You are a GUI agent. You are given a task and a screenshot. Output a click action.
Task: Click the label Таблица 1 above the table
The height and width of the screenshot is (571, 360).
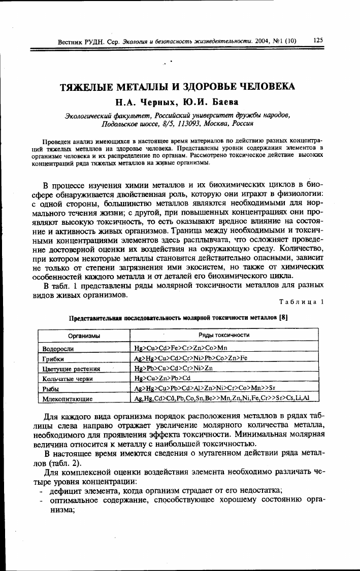pyautogui.click(x=301, y=303)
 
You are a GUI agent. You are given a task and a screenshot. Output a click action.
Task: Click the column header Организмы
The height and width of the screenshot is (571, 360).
pyautogui.click(x=84, y=335)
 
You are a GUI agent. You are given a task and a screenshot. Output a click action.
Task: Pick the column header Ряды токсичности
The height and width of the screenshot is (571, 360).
pyautogui.click(x=224, y=335)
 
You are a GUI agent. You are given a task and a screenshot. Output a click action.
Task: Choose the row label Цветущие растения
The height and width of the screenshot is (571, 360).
pyautogui.click(x=71, y=369)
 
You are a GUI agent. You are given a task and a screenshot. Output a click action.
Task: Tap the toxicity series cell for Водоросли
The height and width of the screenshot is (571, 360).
pyautogui.click(x=180, y=349)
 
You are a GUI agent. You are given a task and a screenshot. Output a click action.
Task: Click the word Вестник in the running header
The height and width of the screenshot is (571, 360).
pyautogui.click(x=70, y=41)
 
